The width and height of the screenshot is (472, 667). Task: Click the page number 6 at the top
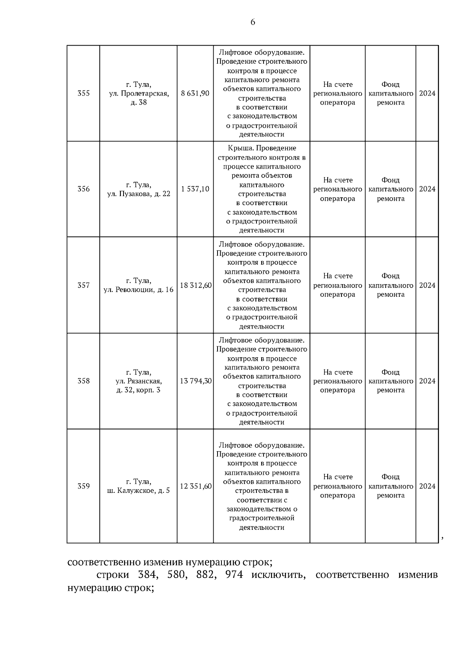coord(253,22)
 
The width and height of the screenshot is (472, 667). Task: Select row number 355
coord(83,93)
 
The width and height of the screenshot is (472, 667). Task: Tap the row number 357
coord(83,285)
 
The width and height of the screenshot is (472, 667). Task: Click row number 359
coord(83,486)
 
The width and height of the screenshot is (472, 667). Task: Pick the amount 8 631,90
coord(195,93)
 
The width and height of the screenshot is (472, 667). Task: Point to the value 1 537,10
coord(195,189)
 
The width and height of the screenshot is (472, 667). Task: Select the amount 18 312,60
coord(195,285)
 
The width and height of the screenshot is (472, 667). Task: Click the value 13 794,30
coord(195,381)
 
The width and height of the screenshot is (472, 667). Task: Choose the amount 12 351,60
coord(195,486)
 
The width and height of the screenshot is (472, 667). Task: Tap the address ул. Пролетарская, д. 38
coord(138,94)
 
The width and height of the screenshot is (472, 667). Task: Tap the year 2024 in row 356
coord(427,189)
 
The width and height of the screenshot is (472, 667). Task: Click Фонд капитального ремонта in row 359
coord(391,486)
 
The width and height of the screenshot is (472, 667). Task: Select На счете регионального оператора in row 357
coord(337,285)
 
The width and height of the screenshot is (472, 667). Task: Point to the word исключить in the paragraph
coord(278,575)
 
